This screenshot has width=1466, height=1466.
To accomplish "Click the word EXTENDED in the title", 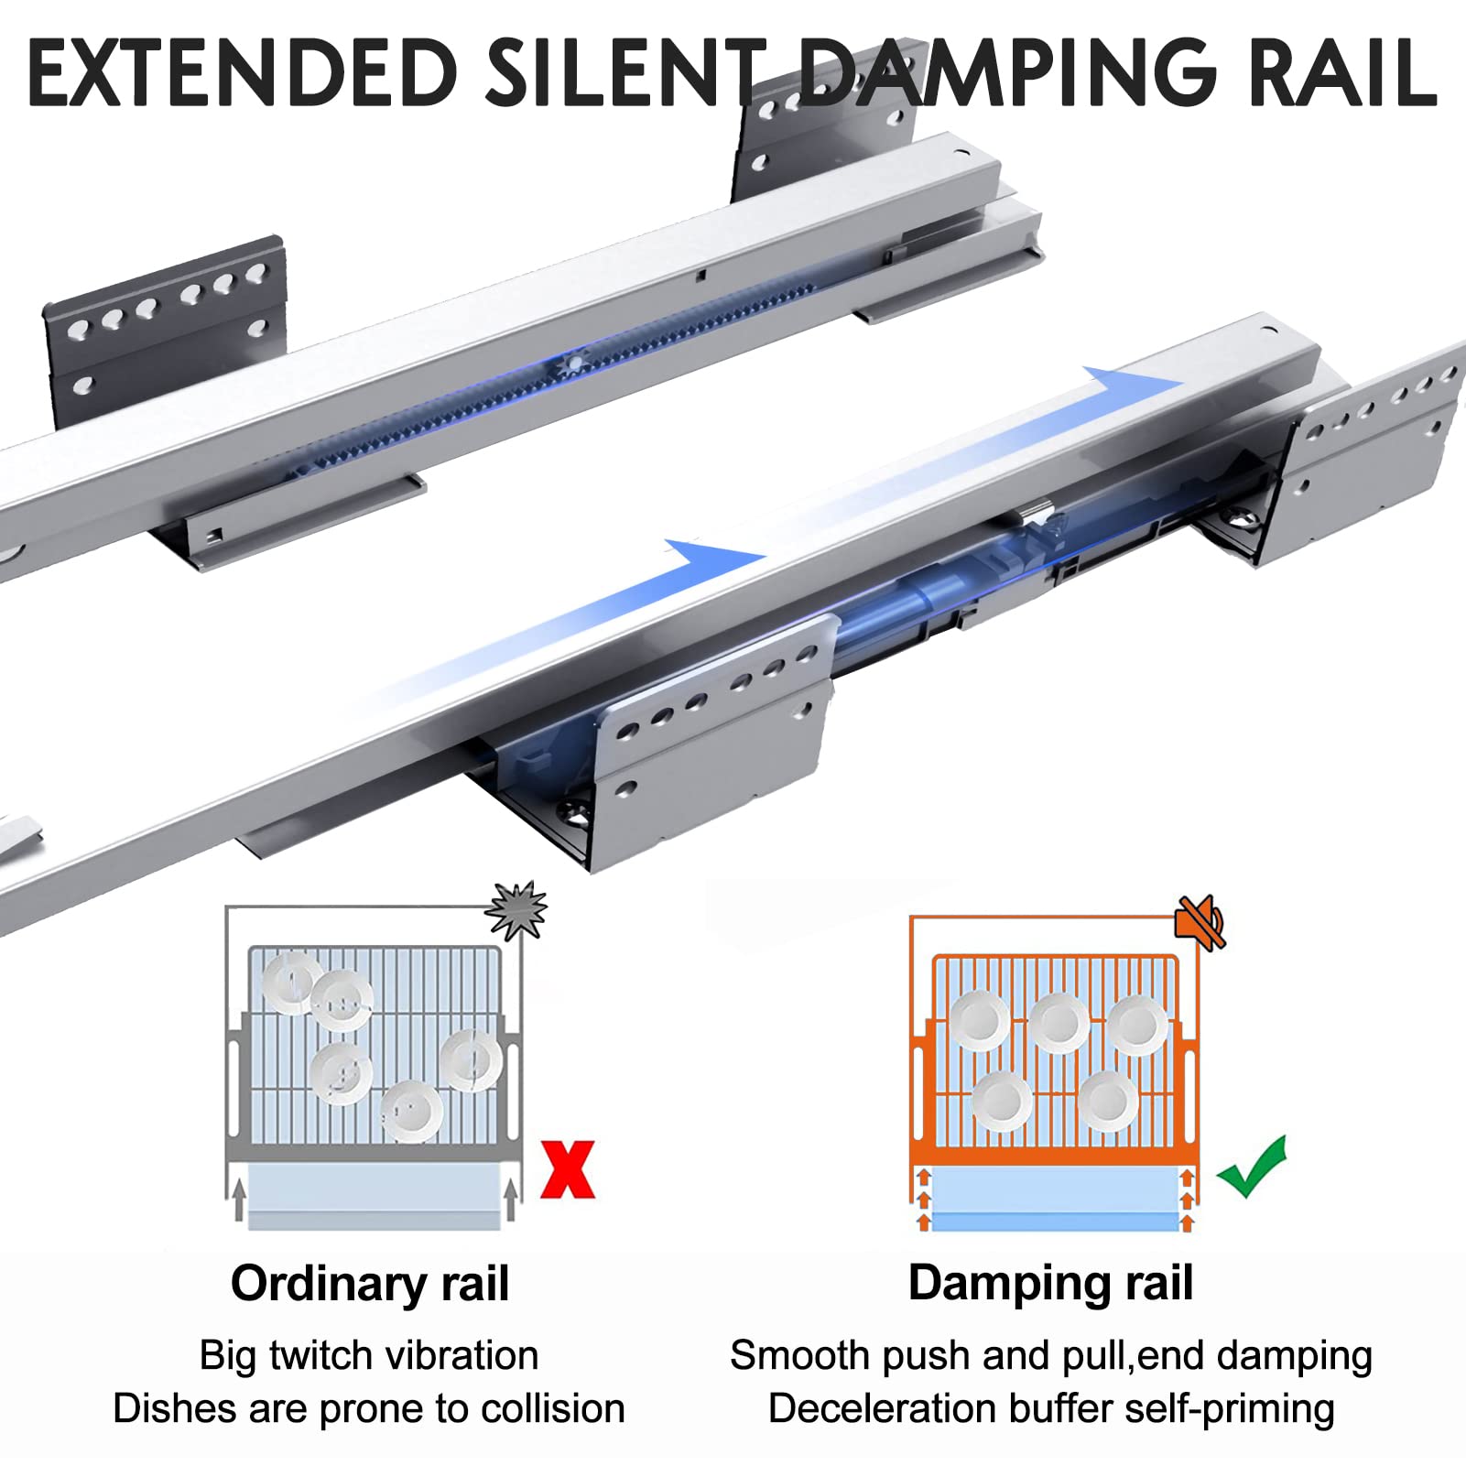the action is click(x=243, y=71).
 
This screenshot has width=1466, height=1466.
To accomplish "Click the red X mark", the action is click(x=568, y=1169).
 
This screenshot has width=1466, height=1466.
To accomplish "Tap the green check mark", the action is click(x=1253, y=1167).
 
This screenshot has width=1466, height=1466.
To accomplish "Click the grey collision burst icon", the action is click(x=516, y=910).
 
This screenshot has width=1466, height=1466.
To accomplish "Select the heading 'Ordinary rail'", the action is click(x=370, y=1283).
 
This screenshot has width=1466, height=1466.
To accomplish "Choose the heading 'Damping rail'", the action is click(x=1050, y=1283).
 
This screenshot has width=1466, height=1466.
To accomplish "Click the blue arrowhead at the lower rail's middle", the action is click(x=714, y=558).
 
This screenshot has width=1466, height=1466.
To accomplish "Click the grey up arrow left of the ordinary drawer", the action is click(x=239, y=1200).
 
